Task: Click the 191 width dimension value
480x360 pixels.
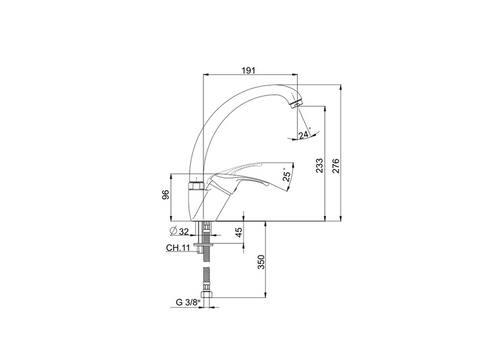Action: (248, 70)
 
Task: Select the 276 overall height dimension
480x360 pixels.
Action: (336, 166)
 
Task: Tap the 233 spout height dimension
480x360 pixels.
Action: (319, 165)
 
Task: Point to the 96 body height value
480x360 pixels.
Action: (166, 194)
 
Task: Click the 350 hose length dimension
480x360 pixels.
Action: (261, 262)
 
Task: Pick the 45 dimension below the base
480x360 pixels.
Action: (239, 232)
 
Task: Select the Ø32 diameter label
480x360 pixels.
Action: (179, 231)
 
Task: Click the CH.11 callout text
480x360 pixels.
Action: (178, 248)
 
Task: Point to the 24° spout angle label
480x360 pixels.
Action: (304, 134)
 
